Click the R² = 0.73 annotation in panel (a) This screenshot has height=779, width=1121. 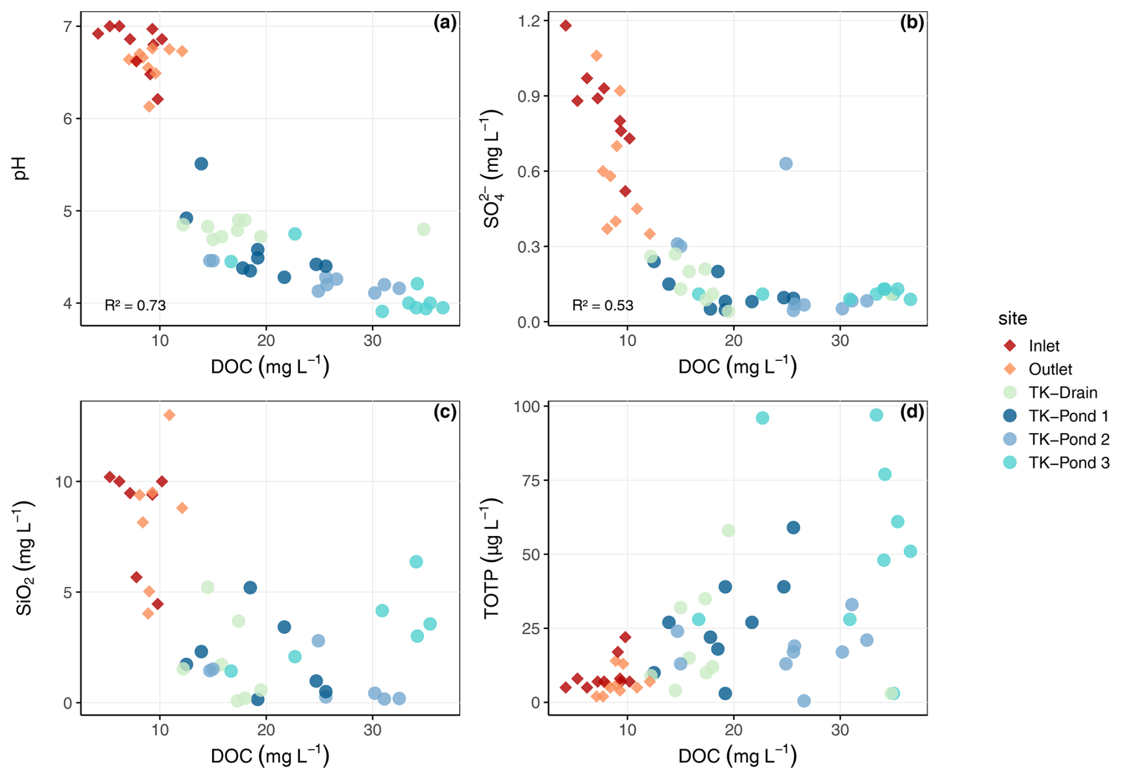(x=135, y=306)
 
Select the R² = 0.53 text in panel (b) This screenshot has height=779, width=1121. (x=603, y=306)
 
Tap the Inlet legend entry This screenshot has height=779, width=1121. (x=1043, y=346)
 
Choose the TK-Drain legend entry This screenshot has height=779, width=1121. (x=1062, y=393)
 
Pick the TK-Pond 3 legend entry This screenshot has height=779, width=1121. (x=1068, y=463)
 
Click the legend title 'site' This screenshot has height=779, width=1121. (x=1013, y=319)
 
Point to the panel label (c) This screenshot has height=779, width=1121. (x=445, y=412)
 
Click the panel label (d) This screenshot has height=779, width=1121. (x=912, y=412)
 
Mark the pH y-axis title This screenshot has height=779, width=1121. (x=21, y=169)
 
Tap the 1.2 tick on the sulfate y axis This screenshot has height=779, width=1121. (x=529, y=21)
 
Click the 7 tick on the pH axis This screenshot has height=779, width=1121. (x=68, y=26)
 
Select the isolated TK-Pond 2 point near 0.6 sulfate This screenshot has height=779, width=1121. (x=786, y=164)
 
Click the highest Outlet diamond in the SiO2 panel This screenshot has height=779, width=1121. (x=169, y=415)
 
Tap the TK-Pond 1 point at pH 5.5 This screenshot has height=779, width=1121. (x=201, y=164)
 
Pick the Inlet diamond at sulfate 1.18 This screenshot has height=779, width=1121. (x=566, y=25)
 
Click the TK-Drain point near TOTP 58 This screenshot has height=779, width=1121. (x=728, y=530)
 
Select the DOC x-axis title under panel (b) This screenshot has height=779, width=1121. (x=737, y=367)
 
